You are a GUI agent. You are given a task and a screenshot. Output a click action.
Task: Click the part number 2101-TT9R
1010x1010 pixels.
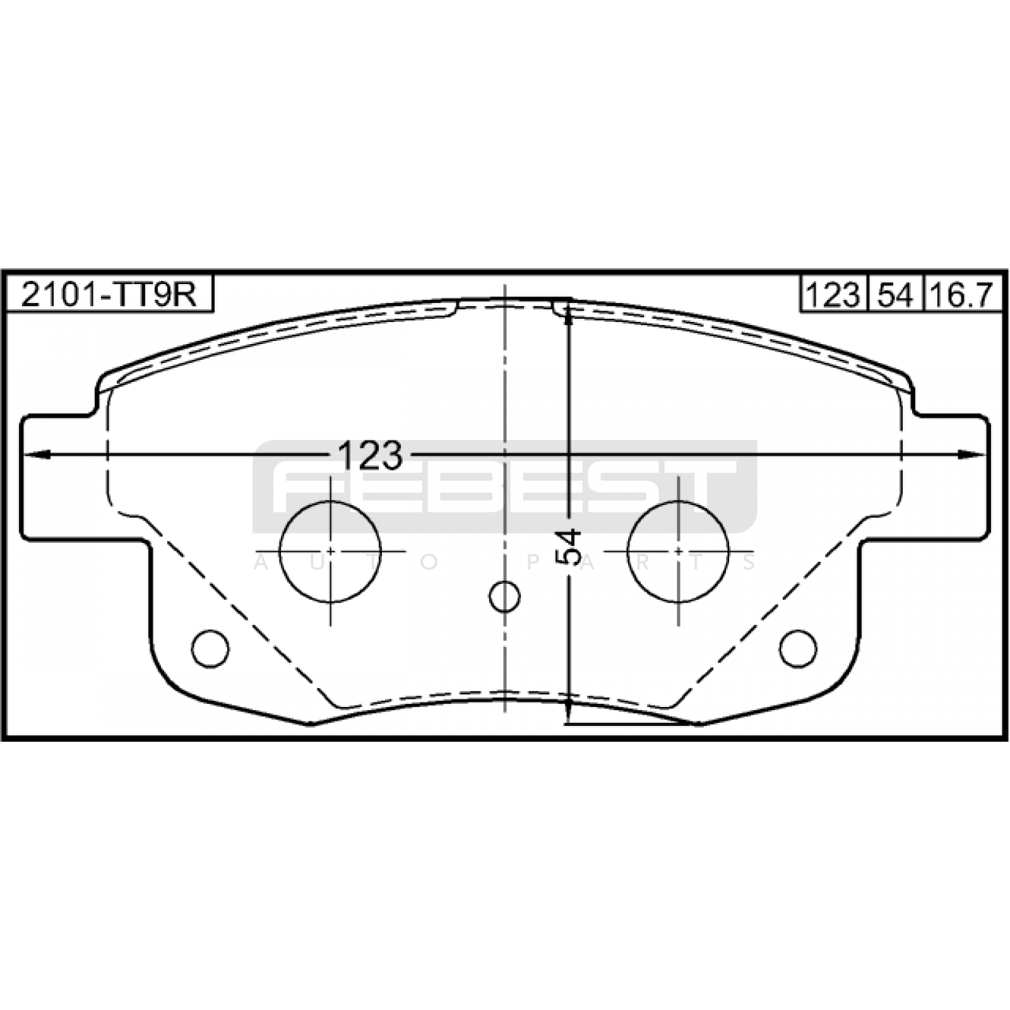(x=109, y=294)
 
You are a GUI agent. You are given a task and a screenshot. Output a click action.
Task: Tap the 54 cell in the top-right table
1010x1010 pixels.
(x=895, y=294)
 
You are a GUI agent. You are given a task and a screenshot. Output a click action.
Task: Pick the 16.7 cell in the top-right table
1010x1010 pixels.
(x=963, y=294)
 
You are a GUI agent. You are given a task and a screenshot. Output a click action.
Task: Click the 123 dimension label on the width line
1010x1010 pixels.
(x=371, y=454)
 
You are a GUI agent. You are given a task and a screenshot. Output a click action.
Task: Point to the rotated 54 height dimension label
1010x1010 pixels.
(x=569, y=546)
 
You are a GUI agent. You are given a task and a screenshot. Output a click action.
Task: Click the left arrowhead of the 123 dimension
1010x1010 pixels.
(x=37, y=454)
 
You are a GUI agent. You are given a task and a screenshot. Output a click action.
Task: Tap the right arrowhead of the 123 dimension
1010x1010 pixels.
(x=972, y=454)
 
